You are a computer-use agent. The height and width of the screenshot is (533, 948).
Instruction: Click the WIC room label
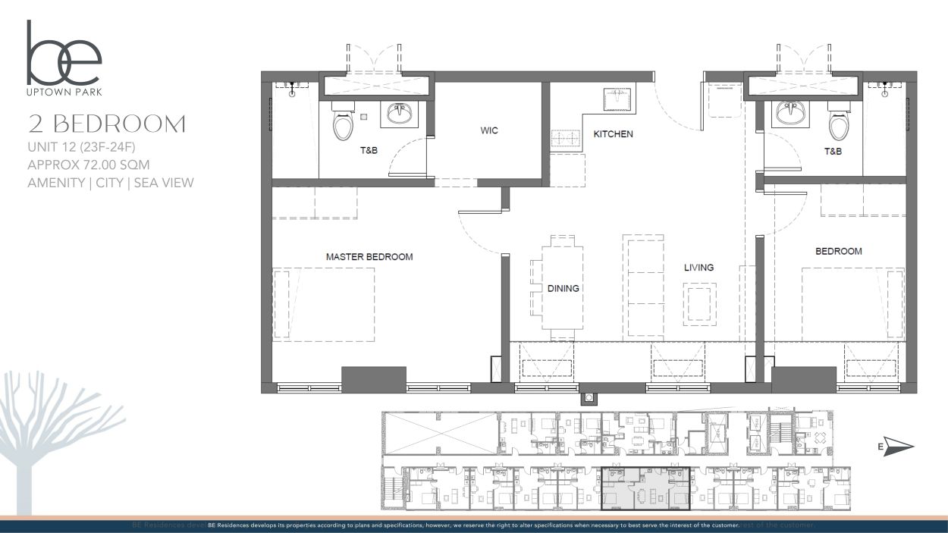(489, 130)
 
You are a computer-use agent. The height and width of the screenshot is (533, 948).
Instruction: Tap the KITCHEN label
(613, 134)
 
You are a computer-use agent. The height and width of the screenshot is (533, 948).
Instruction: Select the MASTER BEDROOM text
(369, 257)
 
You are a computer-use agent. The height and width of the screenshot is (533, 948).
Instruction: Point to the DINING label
(563, 289)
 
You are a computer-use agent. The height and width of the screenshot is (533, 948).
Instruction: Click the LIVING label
(698, 268)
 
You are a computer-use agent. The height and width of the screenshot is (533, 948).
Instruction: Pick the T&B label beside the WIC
(369, 150)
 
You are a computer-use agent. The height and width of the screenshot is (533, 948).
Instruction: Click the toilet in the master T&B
(343, 121)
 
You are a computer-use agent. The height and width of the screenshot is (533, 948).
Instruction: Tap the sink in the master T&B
(399, 114)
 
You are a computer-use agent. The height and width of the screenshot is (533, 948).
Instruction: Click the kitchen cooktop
(567, 138)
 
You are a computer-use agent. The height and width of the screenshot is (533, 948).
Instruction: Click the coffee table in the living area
(699, 304)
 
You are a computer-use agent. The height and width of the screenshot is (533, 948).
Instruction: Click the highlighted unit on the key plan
(646, 488)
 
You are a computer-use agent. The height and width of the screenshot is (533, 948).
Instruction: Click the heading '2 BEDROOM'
(107, 124)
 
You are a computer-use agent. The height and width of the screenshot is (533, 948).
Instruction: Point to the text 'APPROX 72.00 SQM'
(89, 165)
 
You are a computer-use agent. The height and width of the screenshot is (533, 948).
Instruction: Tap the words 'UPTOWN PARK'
(64, 92)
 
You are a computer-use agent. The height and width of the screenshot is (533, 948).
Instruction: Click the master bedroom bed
(324, 305)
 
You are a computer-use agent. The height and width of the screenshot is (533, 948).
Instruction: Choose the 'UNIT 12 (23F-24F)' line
(81, 147)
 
